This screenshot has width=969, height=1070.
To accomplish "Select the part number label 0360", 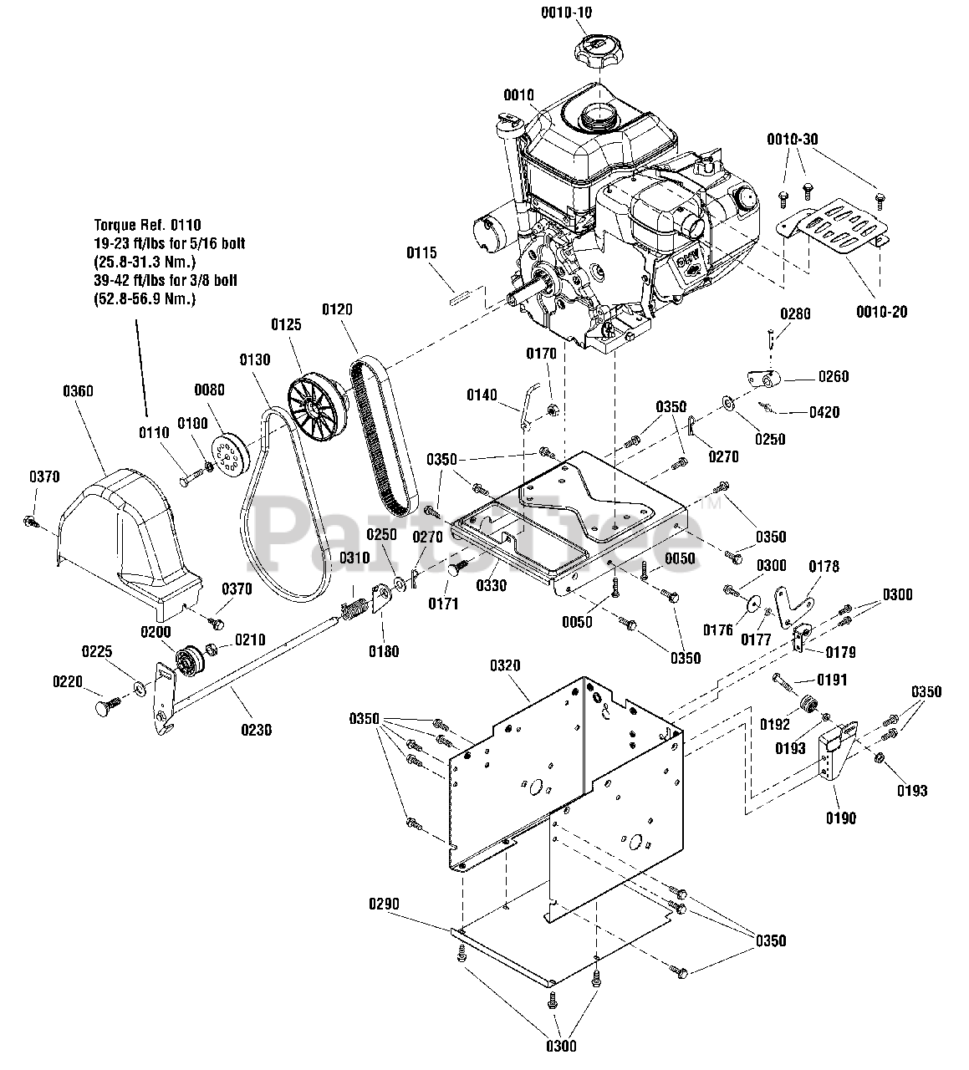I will click(x=78, y=390).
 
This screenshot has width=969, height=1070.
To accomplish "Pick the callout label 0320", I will click(x=505, y=665).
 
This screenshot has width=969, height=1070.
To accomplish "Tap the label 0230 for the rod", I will click(x=257, y=729).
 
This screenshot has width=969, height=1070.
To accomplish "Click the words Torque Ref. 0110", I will click(x=147, y=225).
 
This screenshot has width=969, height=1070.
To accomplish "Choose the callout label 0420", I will click(x=824, y=412).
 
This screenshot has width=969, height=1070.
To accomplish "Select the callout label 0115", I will click(x=423, y=252).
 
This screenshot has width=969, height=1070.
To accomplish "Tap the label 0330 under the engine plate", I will click(x=491, y=585).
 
